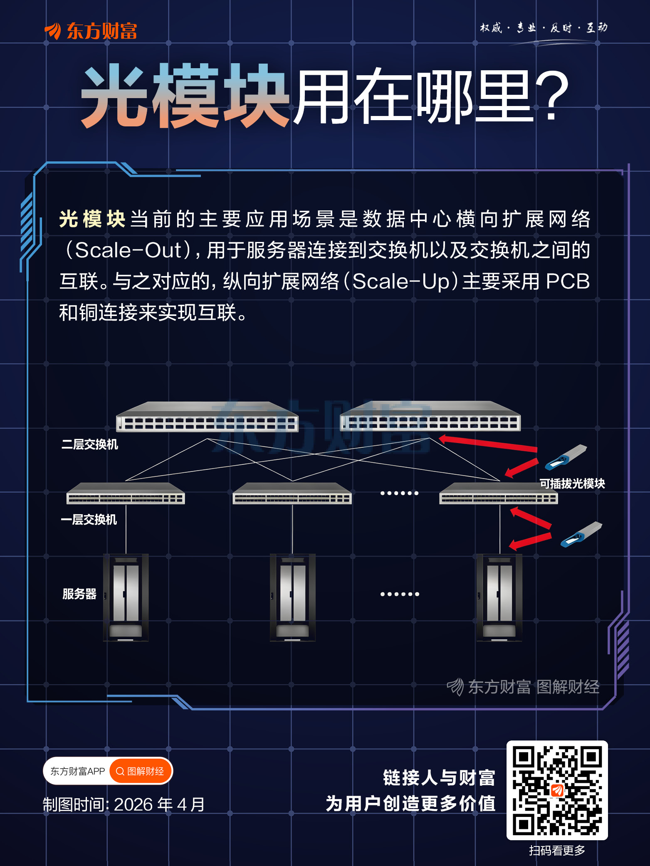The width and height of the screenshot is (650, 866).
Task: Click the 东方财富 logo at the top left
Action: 91,31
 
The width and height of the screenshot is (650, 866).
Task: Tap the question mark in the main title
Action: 551,96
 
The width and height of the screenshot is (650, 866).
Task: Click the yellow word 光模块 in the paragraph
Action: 92,219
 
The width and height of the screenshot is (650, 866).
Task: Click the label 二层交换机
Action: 90,444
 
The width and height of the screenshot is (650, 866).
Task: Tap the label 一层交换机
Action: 89,519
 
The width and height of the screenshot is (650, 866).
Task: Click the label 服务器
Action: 79,594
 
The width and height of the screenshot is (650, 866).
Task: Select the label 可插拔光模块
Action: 572,484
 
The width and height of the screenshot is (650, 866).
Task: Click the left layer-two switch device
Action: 207,417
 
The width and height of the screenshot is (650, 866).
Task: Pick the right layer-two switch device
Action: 430,416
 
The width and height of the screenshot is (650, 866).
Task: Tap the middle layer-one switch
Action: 292,493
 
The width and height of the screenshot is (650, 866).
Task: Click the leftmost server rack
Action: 126,597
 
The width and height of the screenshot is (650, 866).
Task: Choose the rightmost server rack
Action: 499,597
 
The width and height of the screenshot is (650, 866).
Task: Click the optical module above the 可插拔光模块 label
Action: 566,457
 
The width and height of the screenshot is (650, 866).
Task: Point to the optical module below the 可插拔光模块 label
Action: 581,534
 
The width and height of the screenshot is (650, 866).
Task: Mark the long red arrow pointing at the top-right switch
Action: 488,443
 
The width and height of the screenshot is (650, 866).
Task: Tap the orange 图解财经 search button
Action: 141,771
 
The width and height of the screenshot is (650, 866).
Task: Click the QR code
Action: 557,790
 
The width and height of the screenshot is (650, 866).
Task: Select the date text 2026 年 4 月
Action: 159,804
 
